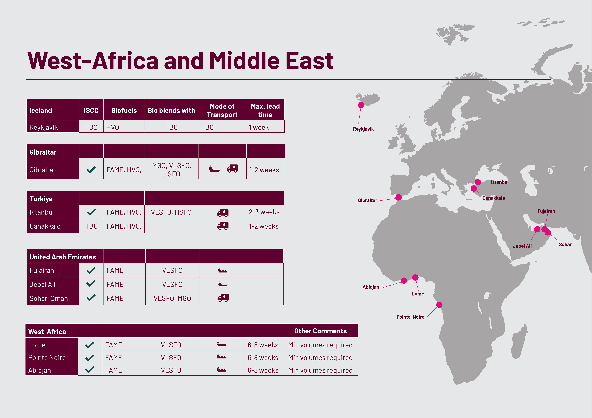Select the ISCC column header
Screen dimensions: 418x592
(x=91, y=110)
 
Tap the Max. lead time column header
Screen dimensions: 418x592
(x=265, y=110)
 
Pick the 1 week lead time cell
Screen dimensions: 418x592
(x=259, y=127)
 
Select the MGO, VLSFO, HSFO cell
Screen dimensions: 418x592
(x=171, y=170)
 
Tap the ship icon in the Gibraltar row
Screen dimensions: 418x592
(x=214, y=169)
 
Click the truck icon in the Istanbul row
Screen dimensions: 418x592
(x=223, y=212)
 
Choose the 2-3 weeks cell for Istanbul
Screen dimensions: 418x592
(x=264, y=212)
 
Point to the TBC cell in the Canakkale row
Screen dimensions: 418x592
(x=91, y=226)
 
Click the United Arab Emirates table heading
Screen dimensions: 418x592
(x=63, y=257)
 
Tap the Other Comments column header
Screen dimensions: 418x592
(x=320, y=331)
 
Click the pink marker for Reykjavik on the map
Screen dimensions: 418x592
(x=361, y=105)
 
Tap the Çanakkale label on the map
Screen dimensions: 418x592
(x=494, y=198)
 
